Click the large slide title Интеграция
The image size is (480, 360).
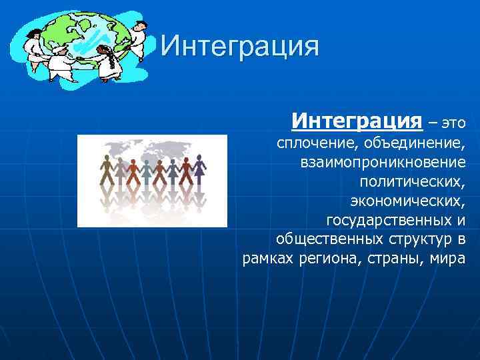point(240,47)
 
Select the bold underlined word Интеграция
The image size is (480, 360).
point(357,121)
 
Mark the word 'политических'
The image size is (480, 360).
point(411,181)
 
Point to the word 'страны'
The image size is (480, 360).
point(389,258)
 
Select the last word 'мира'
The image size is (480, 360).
point(447,258)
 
